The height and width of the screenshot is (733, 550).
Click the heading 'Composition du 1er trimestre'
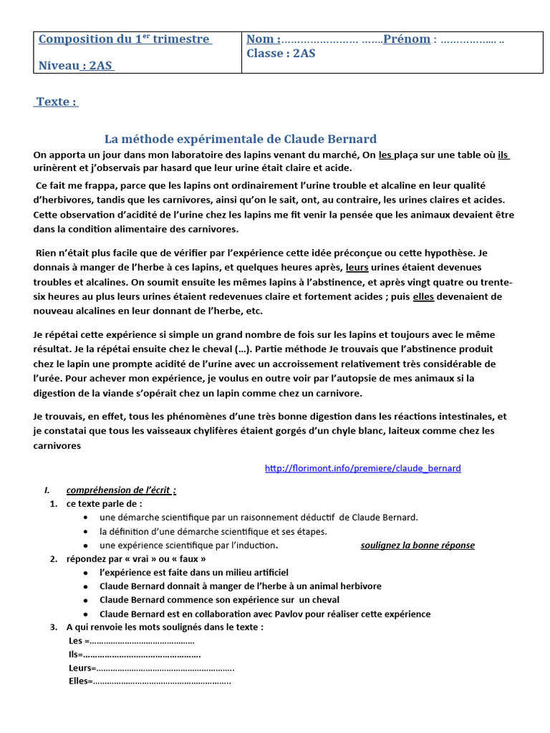pos(125,39)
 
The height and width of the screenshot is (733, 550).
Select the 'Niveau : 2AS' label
pos(76,66)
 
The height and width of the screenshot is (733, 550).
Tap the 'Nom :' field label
pos(264,39)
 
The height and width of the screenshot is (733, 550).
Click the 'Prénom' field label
pos(407,39)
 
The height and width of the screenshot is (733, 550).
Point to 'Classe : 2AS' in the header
pos(281,53)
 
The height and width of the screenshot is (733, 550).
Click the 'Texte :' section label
pos(57,102)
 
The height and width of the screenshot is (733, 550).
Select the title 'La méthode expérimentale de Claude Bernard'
pos(241,139)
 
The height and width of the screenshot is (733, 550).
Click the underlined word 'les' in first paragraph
pos(386,155)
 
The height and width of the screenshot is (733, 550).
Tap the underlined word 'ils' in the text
pos(503,155)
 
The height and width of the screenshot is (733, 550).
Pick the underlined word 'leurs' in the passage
pos(357,268)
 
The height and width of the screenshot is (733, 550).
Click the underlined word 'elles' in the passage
pos(424,296)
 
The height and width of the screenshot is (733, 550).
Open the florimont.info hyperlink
pos(362,468)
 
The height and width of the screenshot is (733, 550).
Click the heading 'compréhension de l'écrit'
pos(120,490)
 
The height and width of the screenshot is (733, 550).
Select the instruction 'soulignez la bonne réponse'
pos(417,545)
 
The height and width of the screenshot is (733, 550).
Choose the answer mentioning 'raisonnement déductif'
pos(259,518)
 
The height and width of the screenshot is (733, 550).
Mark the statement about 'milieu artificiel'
pos(194,572)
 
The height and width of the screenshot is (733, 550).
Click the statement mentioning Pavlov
pos(265,613)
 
